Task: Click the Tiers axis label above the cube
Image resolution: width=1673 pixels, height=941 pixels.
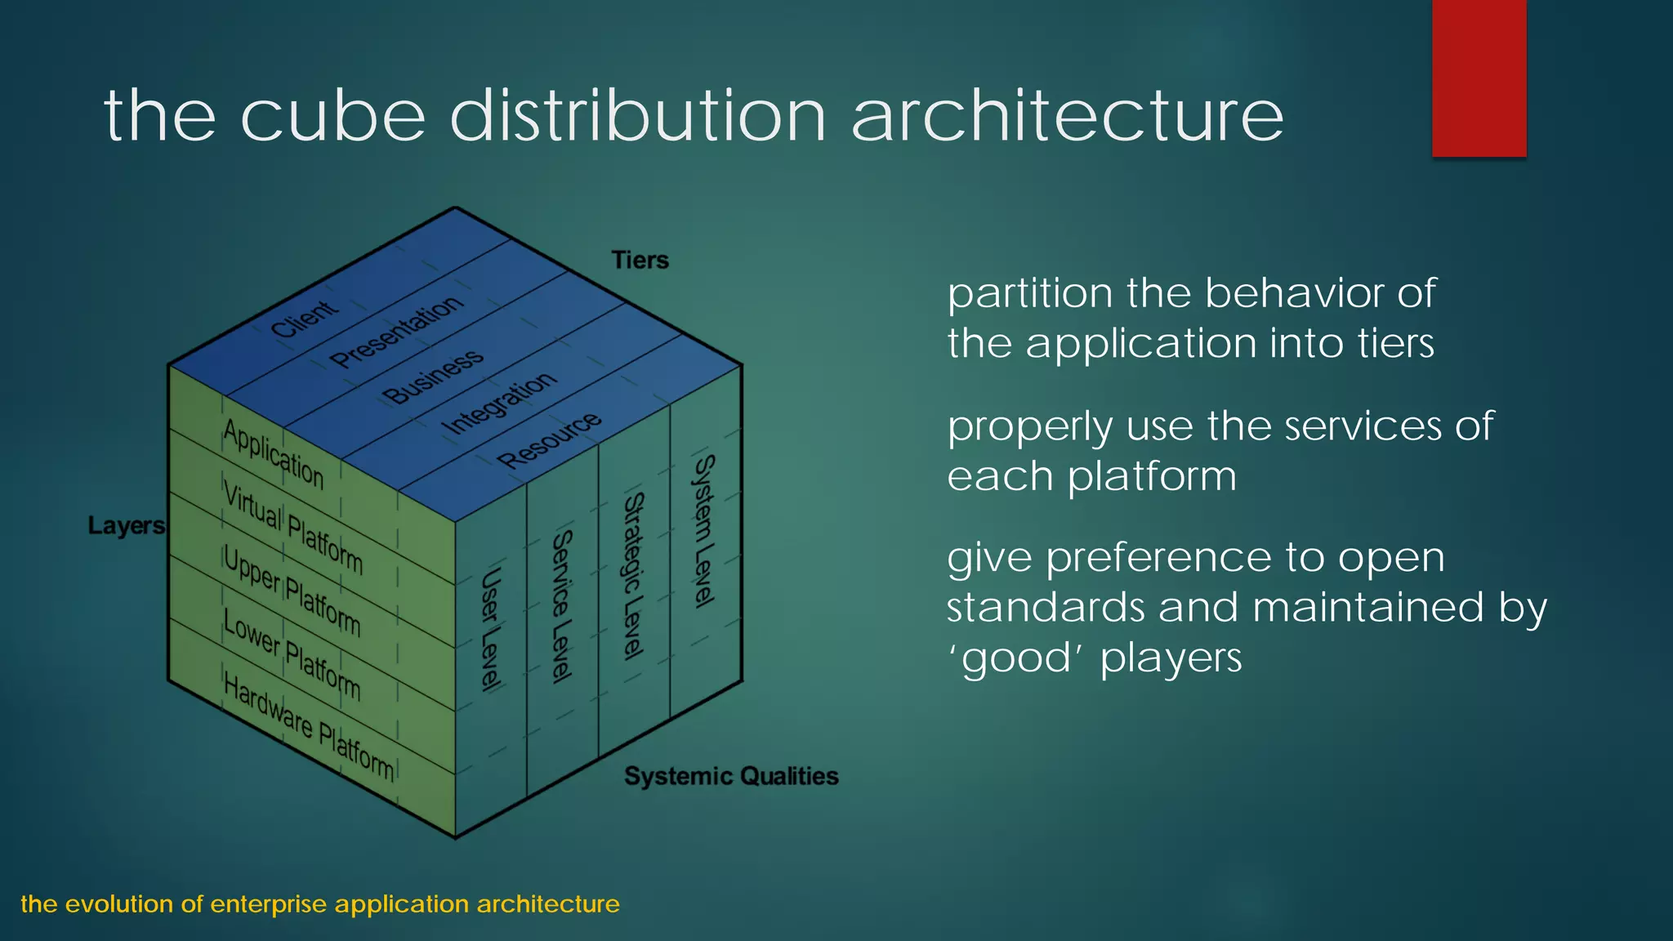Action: point(640,261)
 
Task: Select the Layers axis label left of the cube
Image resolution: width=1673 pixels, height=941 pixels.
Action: point(126,525)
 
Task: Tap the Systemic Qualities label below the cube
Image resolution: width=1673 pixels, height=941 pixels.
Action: point(731,776)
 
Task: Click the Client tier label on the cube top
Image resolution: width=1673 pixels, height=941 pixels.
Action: point(304,319)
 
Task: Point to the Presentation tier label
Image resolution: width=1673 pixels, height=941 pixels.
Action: point(397,331)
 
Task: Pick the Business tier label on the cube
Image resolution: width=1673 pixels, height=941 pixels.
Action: point(433,377)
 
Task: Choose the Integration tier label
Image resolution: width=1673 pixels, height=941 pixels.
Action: point(499,404)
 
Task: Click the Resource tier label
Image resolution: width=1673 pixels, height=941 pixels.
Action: point(550,439)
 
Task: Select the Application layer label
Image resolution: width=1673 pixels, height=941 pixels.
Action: point(274,454)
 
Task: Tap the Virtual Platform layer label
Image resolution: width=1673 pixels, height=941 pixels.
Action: point(292,528)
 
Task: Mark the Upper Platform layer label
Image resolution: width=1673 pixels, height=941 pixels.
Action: point(292,591)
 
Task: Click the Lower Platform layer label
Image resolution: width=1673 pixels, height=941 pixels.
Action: point(292,656)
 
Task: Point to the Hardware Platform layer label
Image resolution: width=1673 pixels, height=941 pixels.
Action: point(308,727)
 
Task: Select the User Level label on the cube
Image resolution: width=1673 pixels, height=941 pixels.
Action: point(490,630)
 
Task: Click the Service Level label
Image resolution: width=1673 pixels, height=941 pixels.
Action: point(561,606)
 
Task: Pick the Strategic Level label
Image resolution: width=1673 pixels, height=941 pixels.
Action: point(634,575)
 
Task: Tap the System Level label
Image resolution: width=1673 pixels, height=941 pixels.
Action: point(704,531)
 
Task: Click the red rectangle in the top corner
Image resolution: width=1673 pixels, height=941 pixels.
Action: point(1479,78)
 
